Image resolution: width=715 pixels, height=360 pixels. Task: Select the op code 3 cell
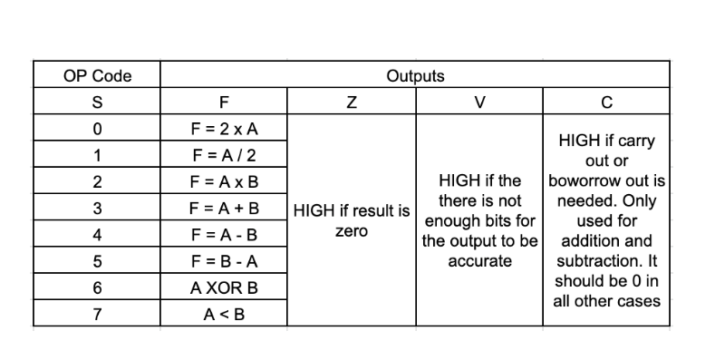(98, 208)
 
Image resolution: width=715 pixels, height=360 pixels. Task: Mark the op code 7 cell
(98, 314)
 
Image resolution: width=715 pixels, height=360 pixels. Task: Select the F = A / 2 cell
(224, 154)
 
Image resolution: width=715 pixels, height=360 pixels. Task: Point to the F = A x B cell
(224, 181)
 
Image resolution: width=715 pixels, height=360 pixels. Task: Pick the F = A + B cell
(224, 208)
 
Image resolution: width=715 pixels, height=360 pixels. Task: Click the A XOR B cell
(224, 287)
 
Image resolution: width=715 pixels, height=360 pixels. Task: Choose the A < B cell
(224, 314)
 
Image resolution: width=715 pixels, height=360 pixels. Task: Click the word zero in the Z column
(352, 231)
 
